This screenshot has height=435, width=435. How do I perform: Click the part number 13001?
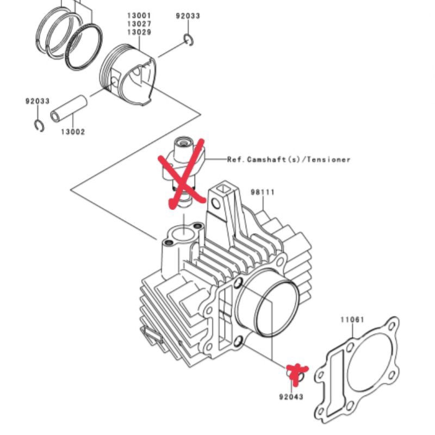pyautogui.click(x=139, y=16)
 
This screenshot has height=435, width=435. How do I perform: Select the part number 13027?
pyautogui.click(x=139, y=24)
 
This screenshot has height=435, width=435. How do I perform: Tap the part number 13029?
pyautogui.click(x=139, y=32)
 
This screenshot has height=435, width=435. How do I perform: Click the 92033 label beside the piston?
pyautogui.click(x=188, y=16)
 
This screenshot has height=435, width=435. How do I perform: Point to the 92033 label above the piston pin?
pyautogui.click(x=38, y=101)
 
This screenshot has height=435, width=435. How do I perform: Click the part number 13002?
pyautogui.click(x=73, y=132)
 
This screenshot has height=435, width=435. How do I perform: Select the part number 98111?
pyautogui.click(x=263, y=192)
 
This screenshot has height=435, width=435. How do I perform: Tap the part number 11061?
pyautogui.click(x=352, y=320)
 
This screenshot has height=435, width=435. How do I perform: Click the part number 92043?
pyautogui.click(x=291, y=397)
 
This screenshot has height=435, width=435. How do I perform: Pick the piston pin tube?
pyautogui.click(x=69, y=108)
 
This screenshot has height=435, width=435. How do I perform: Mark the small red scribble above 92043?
pyautogui.click(x=296, y=373)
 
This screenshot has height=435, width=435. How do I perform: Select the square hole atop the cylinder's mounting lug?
pyautogui.click(x=223, y=189)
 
